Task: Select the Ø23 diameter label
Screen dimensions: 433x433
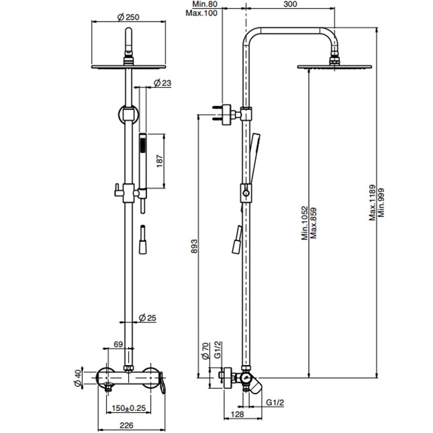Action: pos(162,83)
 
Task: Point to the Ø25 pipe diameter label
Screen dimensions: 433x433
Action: pos(147,318)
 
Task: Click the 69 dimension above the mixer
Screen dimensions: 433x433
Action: pos(118,344)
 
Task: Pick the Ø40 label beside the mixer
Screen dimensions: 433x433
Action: pos(78,378)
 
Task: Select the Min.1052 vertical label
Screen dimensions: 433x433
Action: pos(303,222)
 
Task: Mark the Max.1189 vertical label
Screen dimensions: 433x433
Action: pos(373,195)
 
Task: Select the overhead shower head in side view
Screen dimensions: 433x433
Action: pos(320,66)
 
